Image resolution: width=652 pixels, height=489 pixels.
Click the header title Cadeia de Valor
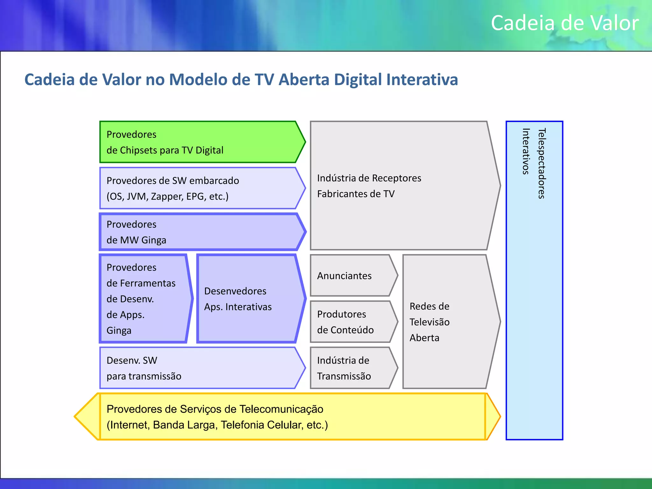564,23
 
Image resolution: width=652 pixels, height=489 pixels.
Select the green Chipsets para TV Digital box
197,142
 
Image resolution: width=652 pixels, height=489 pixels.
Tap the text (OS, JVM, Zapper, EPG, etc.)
167,196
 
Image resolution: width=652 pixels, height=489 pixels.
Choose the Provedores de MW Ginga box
197,232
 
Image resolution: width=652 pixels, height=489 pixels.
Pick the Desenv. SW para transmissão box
197,368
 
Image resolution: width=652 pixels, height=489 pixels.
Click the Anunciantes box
350,276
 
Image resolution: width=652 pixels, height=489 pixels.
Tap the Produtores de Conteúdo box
350,322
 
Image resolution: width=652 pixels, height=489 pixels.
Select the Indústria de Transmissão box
350,368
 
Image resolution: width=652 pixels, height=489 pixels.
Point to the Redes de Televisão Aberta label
429,322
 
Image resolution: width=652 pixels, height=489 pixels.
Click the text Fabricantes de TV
356,194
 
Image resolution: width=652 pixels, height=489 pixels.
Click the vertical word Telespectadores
542,163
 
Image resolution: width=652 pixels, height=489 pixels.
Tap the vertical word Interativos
526,151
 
